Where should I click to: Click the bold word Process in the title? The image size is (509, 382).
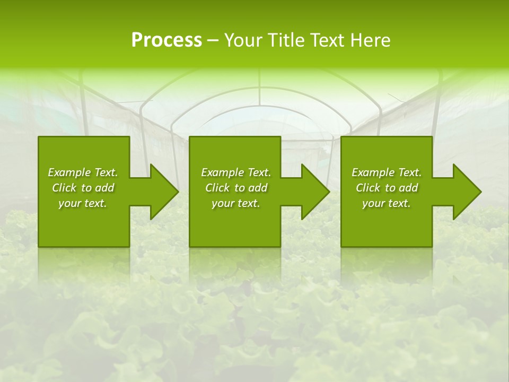[166, 40]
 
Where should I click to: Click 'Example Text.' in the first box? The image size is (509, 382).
[83, 172]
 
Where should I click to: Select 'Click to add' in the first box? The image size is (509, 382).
[83, 188]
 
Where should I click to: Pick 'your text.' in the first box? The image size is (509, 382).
[83, 203]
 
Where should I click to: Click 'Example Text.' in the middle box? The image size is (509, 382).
[236, 172]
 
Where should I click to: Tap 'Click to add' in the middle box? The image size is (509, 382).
[236, 188]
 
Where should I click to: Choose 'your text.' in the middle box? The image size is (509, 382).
[236, 203]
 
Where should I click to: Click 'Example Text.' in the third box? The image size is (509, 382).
[387, 172]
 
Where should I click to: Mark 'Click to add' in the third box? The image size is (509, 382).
[387, 188]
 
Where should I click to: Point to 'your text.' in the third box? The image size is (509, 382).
[387, 203]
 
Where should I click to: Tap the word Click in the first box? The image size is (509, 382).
[64, 188]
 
